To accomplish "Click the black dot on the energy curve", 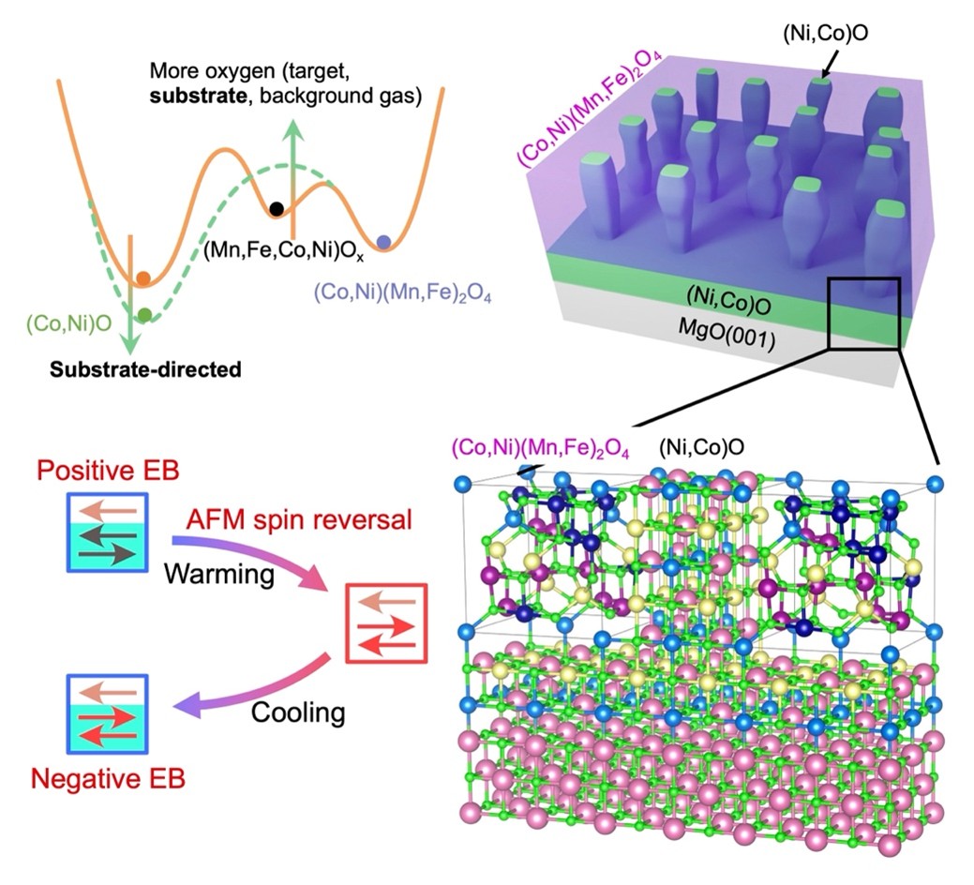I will click(x=276, y=208).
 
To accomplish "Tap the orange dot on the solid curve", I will click(x=142, y=278).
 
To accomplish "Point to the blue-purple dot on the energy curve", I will click(x=383, y=243).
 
